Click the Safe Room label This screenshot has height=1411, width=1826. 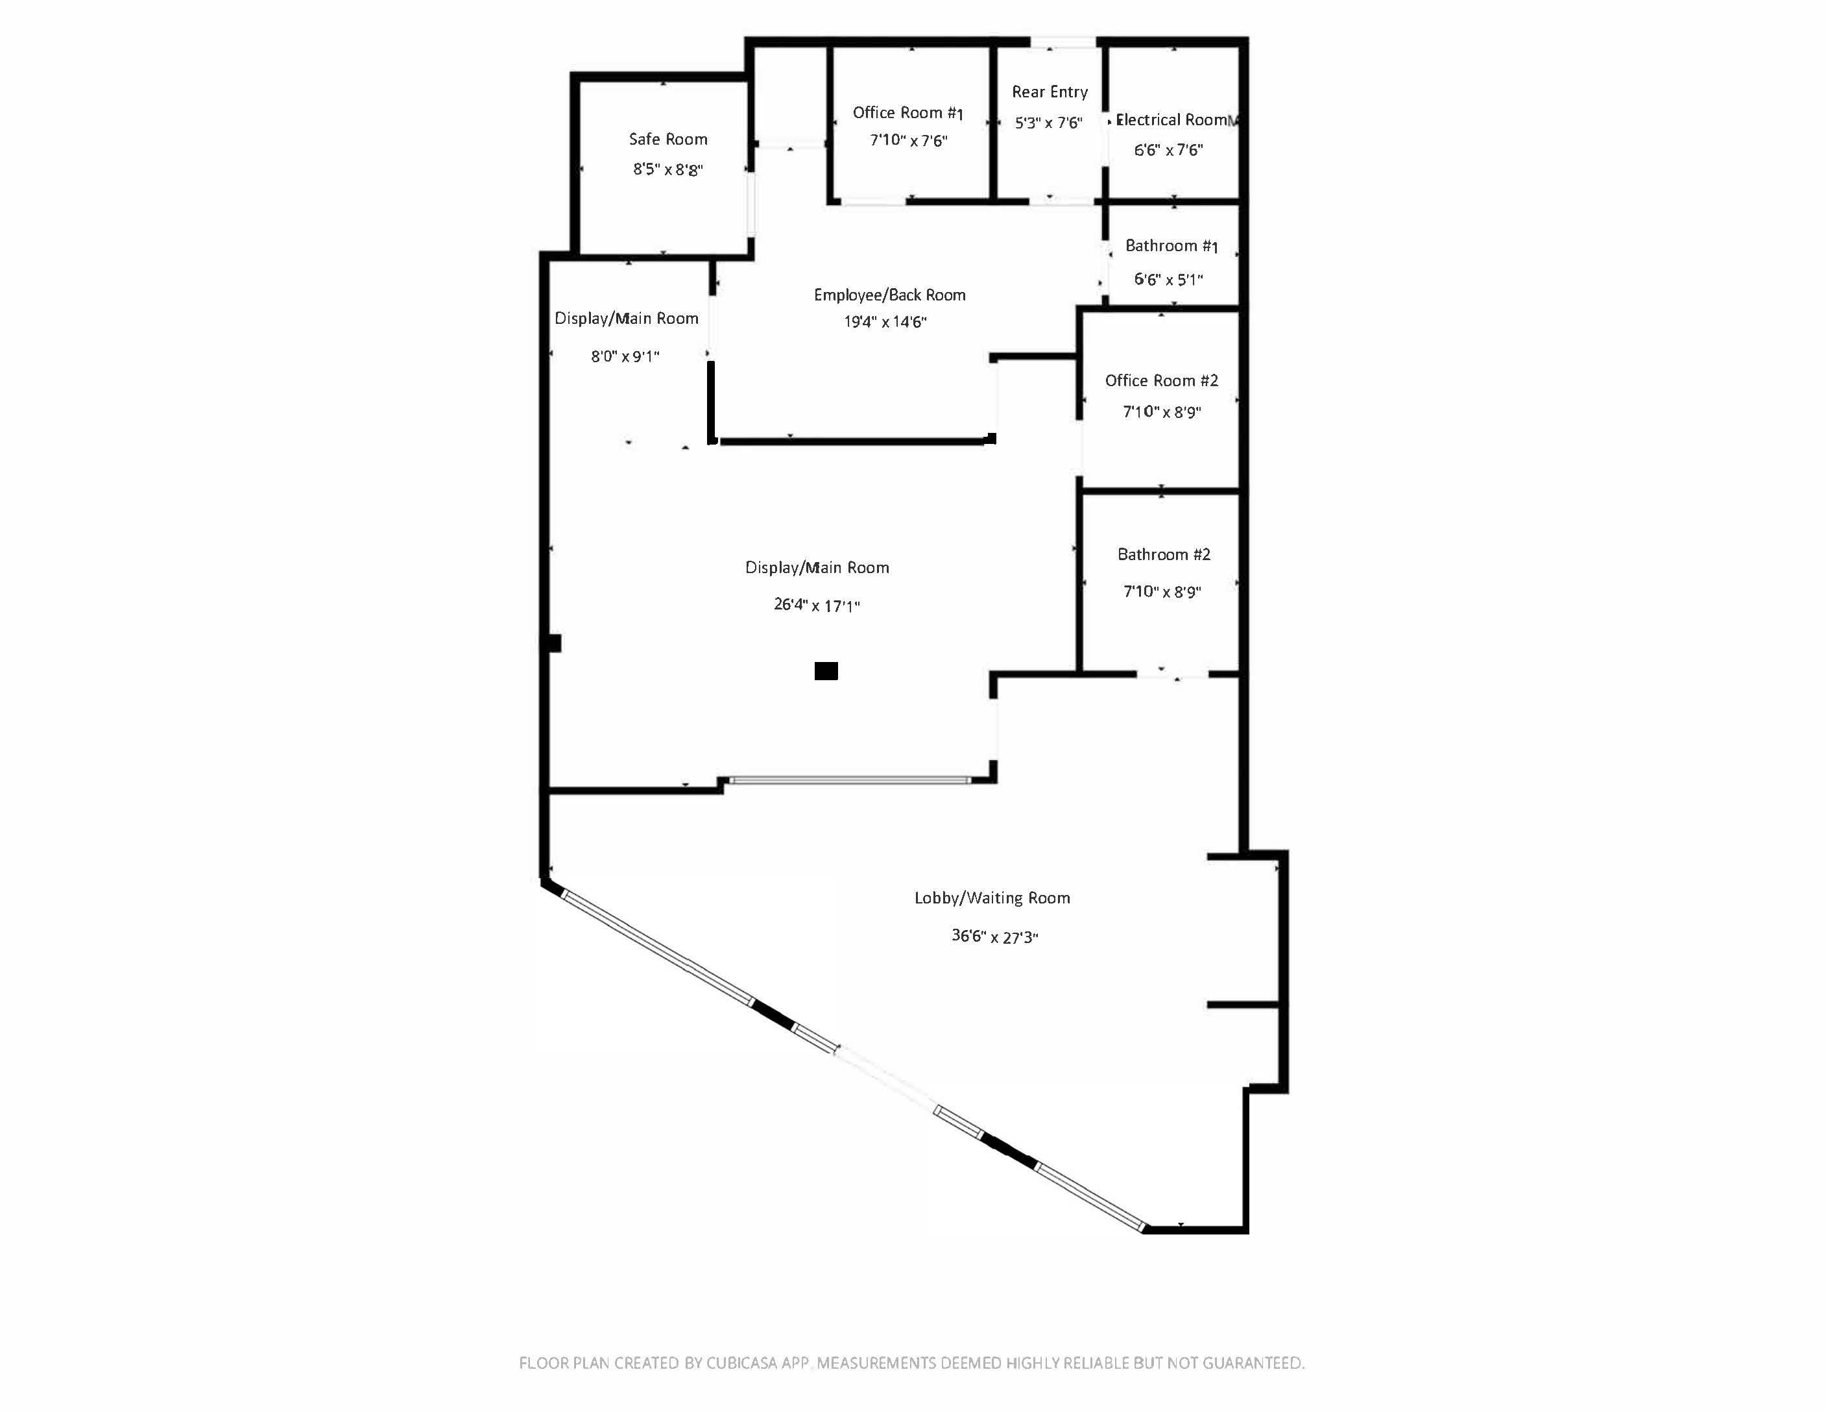668,139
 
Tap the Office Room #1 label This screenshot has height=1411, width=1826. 908,112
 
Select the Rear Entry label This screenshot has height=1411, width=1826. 1050,92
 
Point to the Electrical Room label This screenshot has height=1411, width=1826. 1172,119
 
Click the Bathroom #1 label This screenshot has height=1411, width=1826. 1171,246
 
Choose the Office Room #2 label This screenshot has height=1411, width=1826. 1161,380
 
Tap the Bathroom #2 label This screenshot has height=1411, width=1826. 1164,554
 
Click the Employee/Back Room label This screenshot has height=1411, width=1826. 889,295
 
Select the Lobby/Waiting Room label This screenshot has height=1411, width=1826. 992,898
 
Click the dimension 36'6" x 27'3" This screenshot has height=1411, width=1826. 995,936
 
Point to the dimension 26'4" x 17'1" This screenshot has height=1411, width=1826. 817,605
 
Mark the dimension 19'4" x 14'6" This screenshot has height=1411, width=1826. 885,321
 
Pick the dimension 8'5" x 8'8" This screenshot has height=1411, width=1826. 668,170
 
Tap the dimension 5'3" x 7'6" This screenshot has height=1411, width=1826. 1048,123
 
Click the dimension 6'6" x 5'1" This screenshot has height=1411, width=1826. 1169,279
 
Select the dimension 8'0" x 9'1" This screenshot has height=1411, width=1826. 625,356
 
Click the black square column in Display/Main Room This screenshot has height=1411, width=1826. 826,671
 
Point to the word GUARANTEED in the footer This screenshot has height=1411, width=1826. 1253,1364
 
